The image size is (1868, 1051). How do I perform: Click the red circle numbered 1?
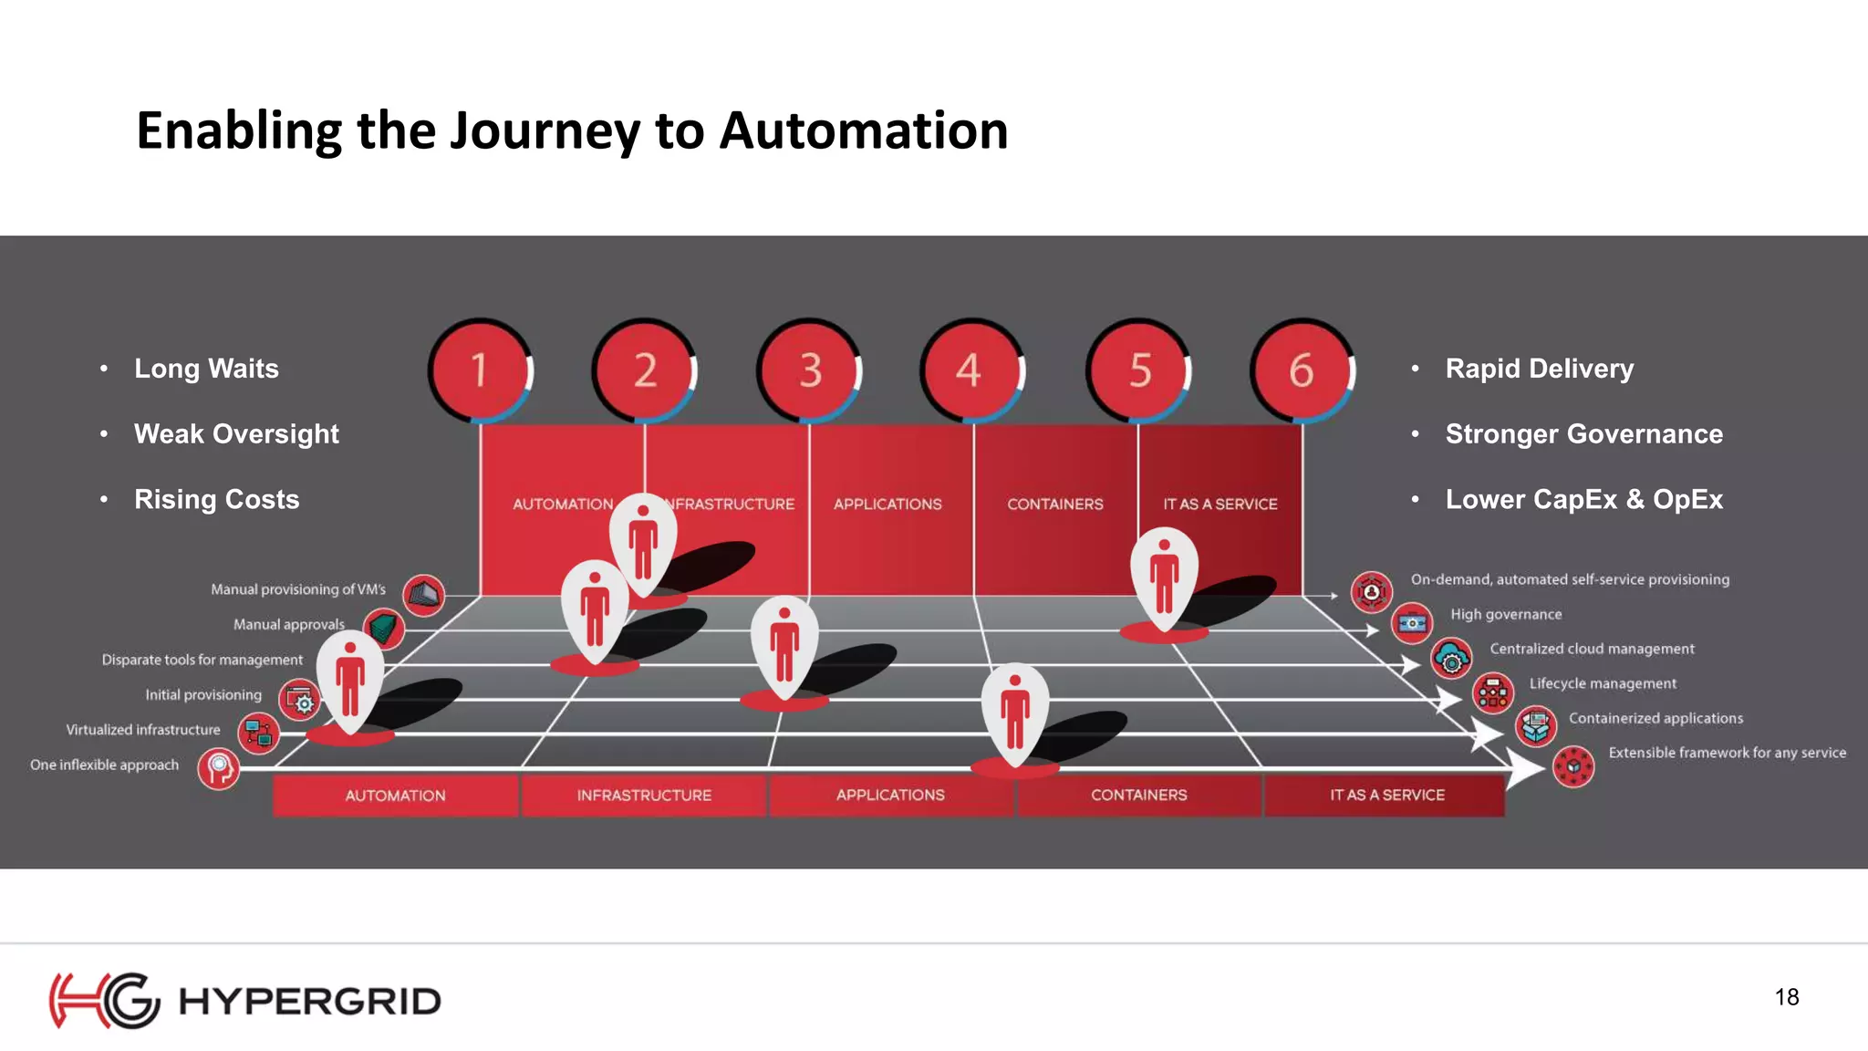(480, 370)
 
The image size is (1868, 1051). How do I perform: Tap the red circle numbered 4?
(970, 370)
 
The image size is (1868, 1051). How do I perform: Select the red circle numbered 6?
(1301, 370)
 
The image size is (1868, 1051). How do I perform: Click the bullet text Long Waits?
(206, 369)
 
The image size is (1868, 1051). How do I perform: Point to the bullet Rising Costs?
(216, 500)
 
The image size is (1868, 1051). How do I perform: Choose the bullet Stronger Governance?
(1583, 434)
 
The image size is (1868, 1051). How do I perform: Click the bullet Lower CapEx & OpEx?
(1583, 500)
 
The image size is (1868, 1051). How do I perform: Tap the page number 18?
(1786, 997)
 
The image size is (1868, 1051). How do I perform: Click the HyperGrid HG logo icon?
(104, 1001)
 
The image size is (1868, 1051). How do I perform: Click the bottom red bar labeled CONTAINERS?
(1138, 795)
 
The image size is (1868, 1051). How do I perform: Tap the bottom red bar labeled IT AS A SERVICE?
(1386, 795)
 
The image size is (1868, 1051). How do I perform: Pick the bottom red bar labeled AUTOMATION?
(395, 796)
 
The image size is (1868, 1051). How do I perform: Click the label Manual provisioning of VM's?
(298, 589)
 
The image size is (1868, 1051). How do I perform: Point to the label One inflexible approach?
(104, 765)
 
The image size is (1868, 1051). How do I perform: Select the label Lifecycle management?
(1602, 683)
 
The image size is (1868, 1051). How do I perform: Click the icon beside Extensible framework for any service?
(1572, 766)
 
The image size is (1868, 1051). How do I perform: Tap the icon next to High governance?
(1412, 624)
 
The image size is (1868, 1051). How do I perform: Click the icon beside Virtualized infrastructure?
(259, 733)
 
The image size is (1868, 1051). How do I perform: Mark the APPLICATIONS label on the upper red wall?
(887, 505)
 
